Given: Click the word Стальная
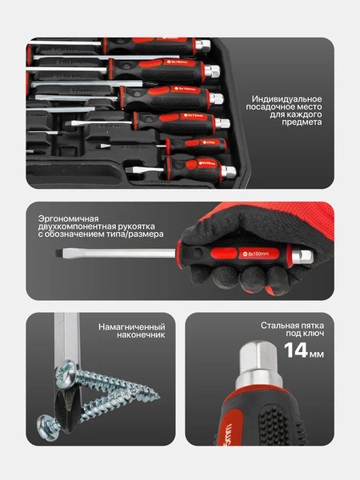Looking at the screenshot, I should [x=279, y=326].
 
